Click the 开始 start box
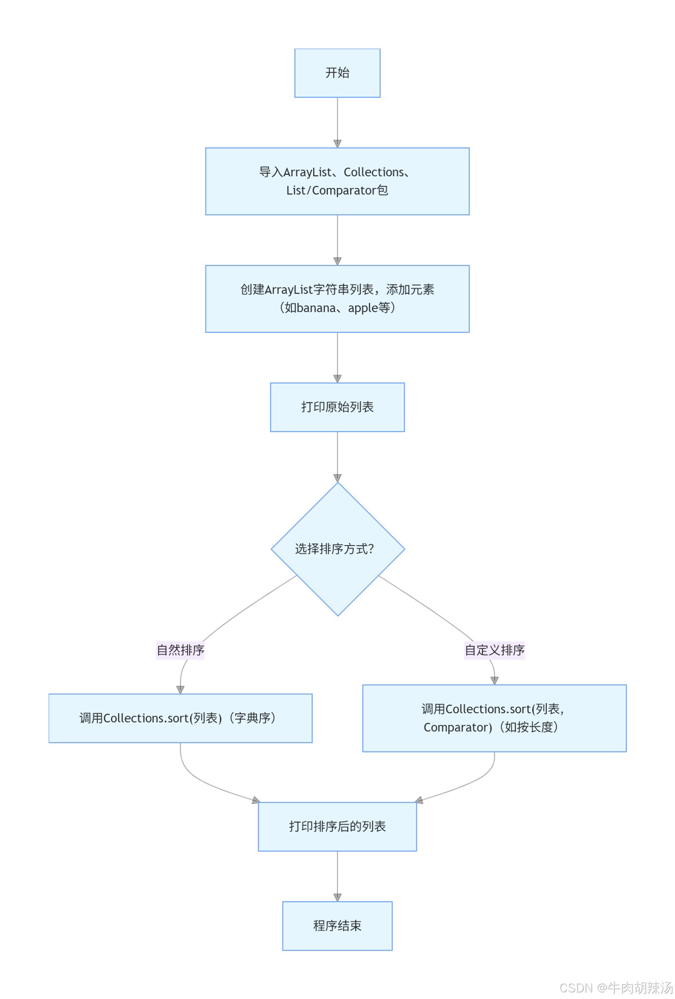coord(337,73)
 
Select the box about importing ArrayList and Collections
coord(337,181)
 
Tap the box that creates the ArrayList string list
coord(337,299)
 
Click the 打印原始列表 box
coord(337,407)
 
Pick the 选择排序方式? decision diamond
coord(337,549)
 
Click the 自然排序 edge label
coord(180,650)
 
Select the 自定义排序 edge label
coord(494,650)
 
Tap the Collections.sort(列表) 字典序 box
coord(180,718)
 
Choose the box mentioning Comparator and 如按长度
coord(494,718)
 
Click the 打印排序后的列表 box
coord(337,826)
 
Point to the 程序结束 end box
coord(337,926)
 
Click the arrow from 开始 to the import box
coord(337,122)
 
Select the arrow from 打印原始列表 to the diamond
coord(337,456)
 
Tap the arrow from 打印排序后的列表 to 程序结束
coord(337,876)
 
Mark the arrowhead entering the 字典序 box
coord(181,690)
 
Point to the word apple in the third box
coord(363,308)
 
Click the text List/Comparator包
coord(337,191)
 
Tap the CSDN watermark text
coord(616,988)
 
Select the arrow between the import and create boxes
coord(337,240)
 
